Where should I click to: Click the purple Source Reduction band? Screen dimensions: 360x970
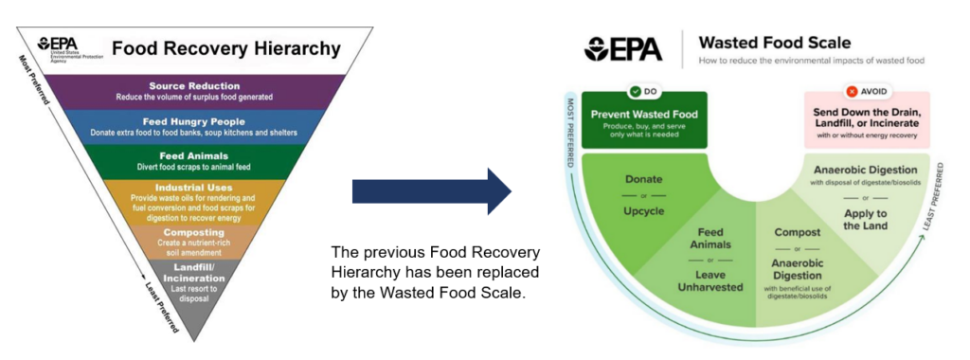[194, 92]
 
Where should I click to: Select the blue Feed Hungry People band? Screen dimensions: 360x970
[194, 127]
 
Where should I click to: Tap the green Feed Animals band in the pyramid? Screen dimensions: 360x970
[194, 161]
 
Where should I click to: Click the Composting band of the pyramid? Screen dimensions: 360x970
[194, 238]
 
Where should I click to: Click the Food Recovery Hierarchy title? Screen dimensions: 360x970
[225, 47]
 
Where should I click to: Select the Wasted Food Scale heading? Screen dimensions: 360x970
[774, 43]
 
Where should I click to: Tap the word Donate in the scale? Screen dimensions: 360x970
[643, 178]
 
